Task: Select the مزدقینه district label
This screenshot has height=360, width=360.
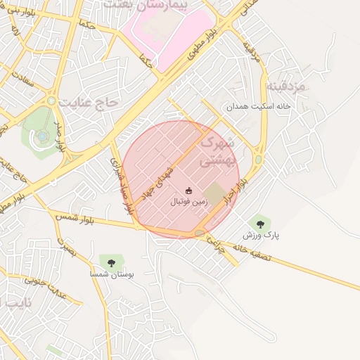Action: pos(286,86)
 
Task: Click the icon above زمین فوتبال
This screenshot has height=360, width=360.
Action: pos(188,191)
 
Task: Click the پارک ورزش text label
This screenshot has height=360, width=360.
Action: pos(262,236)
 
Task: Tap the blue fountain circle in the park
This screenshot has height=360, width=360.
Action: pos(42,135)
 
